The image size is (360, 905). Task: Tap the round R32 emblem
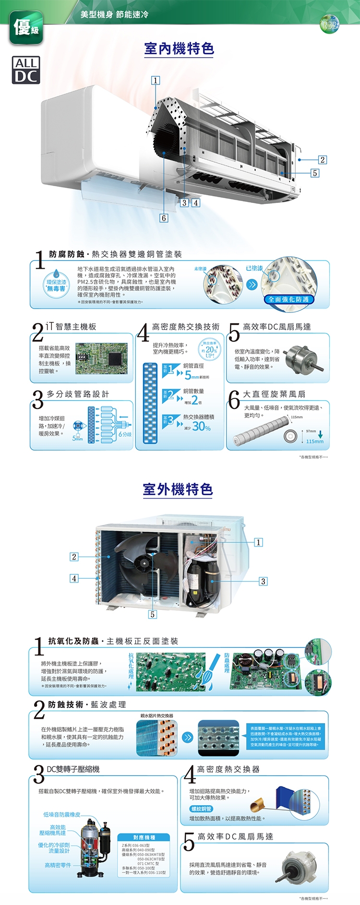330,24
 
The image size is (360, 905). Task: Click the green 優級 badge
26,28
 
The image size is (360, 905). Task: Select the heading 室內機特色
179,48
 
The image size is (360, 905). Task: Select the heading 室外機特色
178,489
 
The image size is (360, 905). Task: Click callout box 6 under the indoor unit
164,218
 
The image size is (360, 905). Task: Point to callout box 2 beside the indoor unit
323,160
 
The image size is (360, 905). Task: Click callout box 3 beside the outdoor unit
263,581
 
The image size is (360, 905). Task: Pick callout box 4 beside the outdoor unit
74,578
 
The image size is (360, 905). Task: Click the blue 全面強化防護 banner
288,299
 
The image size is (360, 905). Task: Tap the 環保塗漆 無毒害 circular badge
56,285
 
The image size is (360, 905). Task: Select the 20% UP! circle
210,350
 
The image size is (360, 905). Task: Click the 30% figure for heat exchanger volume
201,426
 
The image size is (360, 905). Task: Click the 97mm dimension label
311,431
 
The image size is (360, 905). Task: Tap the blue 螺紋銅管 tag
202,809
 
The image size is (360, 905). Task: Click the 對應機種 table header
144,837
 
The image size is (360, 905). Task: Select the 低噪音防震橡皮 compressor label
62,814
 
